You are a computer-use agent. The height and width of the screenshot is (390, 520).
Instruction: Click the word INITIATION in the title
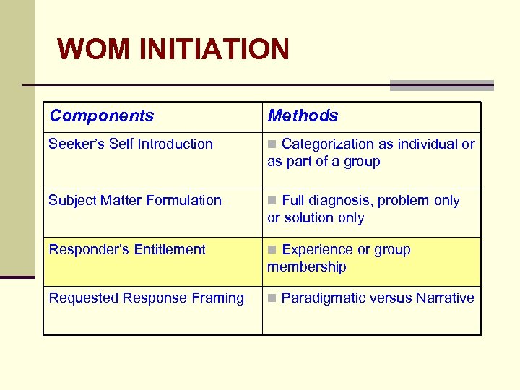coord(214,49)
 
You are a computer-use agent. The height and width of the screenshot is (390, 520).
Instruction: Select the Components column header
coord(102,116)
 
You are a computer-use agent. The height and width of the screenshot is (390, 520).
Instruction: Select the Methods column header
coord(303,116)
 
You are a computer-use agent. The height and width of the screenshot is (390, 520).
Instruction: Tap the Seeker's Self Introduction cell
coord(131,144)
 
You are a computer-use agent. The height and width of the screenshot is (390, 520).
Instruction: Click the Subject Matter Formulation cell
coord(135,200)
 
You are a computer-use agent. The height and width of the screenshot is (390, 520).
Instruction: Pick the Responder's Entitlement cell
coord(127,249)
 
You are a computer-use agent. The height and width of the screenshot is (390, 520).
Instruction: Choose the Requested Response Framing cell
coord(147,298)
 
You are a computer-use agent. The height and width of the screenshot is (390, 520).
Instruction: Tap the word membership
coord(307,266)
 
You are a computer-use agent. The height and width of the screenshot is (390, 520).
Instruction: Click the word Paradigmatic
coord(324,298)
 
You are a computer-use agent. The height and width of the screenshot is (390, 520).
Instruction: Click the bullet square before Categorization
coord(272,144)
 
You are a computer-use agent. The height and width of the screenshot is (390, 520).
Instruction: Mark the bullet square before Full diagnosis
coord(272,201)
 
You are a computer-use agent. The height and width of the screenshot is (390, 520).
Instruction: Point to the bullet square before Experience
coord(272,250)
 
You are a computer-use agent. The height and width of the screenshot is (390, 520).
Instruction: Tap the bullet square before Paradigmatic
coord(272,298)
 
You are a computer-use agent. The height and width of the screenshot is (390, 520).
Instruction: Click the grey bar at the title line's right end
coord(441,85)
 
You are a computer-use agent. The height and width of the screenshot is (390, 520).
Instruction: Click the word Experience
coord(314,249)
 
